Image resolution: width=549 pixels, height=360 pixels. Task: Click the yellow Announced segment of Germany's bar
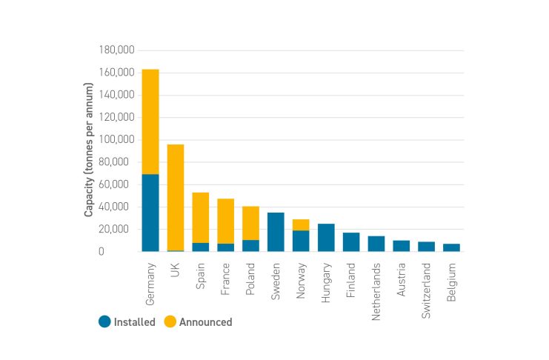pyautogui.click(x=150, y=121)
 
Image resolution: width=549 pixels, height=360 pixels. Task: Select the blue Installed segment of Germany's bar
pyautogui.click(x=150, y=213)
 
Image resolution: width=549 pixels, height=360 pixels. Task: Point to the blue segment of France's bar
pyautogui.click(x=226, y=247)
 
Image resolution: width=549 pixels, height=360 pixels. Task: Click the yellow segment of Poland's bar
pyautogui.click(x=251, y=223)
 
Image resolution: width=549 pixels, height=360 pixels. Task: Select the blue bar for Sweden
pyautogui.click(x=276, y=232)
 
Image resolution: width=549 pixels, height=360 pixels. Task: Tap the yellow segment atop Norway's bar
pyautogui.click(x=301, y=224)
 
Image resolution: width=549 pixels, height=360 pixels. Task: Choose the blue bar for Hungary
pyautogui.click(x=326, y=238)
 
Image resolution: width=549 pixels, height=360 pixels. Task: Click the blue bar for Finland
pyautogui.click(x=351, y=242)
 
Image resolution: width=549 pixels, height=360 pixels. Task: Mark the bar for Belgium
pyautogui.click(x=451, y=247)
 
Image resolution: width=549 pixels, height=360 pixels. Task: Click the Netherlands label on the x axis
pyautogui.click(x=377, y=281)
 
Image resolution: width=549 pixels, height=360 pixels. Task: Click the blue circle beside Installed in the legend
pyautogui.click(x=104, y=322)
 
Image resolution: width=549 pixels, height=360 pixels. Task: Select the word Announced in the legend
pyautogui.click(x=205, y=322)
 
